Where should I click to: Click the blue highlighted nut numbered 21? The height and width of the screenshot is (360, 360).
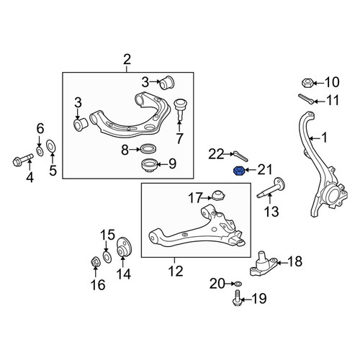(x=239, y=171)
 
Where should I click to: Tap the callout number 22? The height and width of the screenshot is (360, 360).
(x=216, y=154)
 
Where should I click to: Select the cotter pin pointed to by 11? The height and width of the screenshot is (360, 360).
(x=306, y=99)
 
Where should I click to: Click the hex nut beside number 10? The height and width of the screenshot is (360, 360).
(x=307, y=83)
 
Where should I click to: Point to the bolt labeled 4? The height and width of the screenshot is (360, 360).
(x=22, y=160)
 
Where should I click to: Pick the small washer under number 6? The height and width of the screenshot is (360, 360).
(x=40, y=151)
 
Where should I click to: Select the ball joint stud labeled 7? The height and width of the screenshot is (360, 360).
(x=179, y=109)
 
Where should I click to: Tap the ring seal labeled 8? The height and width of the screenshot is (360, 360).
(x=148, y=148)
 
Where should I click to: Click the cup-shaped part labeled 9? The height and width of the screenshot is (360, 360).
(x=149, y=166)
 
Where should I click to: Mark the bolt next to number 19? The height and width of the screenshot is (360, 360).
(x=237, y=298)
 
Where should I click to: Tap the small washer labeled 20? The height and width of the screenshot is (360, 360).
(x=238, y=284)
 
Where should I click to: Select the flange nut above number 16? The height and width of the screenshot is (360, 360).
(x=95, y=261)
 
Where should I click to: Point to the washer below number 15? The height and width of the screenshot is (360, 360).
(x=107, y=256)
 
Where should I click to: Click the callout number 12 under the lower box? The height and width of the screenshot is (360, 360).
(x=176, y=271)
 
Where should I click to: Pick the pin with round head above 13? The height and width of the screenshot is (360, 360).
(x=271, y=189)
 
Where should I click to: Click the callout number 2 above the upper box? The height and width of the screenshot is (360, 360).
(x=127, y=60)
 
